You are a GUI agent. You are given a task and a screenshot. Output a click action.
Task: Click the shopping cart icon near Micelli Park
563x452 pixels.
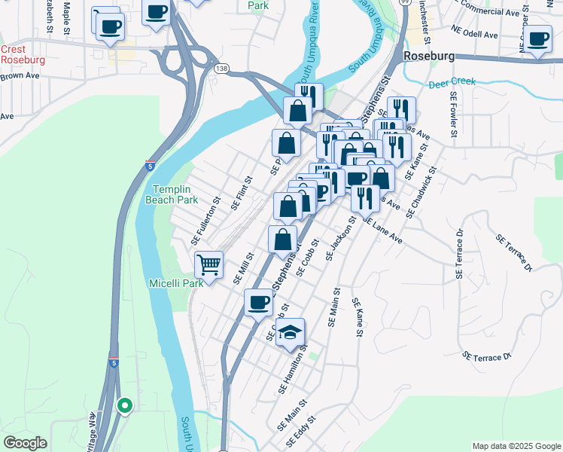(x=208, y=264)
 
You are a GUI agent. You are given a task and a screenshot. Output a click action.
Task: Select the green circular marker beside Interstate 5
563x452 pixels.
(x=125, y=405)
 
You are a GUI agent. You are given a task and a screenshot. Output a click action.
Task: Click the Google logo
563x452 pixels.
(x=25, y=443)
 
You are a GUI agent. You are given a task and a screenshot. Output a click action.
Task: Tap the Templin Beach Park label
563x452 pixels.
(x=175, y=194)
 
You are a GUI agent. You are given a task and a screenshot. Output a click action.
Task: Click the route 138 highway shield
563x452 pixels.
(x=221, y=69)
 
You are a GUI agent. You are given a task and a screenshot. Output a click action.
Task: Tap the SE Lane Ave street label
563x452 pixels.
(x=383, y=230)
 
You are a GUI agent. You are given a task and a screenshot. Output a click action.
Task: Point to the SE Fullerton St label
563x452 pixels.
(x=205, y=221)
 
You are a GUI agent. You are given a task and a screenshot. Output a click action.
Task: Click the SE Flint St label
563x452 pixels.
(x=242, y=192)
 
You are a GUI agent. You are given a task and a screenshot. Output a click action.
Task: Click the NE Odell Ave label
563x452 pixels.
(x=475, y=35)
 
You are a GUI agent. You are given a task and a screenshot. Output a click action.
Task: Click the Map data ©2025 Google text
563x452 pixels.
(x=516, y=446)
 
